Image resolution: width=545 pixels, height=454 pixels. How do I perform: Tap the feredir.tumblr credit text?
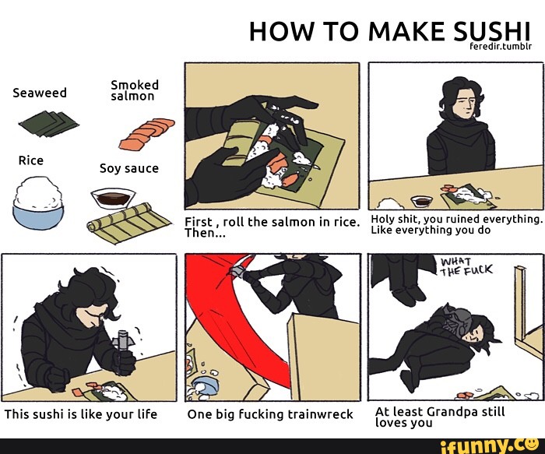[500, 46]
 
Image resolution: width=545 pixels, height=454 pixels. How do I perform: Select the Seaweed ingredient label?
[40, 93]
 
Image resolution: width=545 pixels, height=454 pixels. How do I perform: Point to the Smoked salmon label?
[135, 90]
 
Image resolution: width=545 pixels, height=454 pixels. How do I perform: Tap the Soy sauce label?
[129, 169]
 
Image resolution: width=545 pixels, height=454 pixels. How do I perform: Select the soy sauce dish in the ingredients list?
[113, 198]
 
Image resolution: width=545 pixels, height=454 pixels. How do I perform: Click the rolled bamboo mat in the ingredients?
[128, 223]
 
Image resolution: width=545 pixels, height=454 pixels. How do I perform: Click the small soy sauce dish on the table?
[421, 201]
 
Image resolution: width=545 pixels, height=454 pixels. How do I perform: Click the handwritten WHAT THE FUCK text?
[466, 267]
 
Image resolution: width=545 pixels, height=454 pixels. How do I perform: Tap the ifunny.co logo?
[490, 446]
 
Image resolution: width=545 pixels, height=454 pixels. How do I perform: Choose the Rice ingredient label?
[31, 160]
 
